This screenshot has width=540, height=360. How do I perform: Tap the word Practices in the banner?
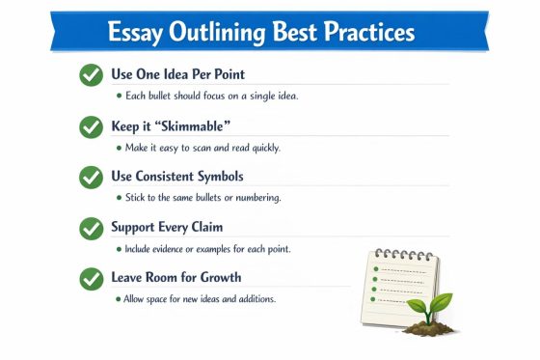tap(364, 33)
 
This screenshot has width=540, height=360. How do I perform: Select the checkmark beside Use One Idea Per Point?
tap(91, 75)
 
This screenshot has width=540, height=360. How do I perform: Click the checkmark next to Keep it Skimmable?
tap(91, 126)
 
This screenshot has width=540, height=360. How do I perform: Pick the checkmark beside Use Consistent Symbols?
tap(91, 178)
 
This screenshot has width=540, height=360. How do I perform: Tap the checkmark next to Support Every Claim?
tap(91, 229)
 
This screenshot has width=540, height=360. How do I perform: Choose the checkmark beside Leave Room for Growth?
tap(91, 279)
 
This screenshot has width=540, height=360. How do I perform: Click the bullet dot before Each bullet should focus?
tap(119, 96)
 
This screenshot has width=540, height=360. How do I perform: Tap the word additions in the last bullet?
tap(254, 299)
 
